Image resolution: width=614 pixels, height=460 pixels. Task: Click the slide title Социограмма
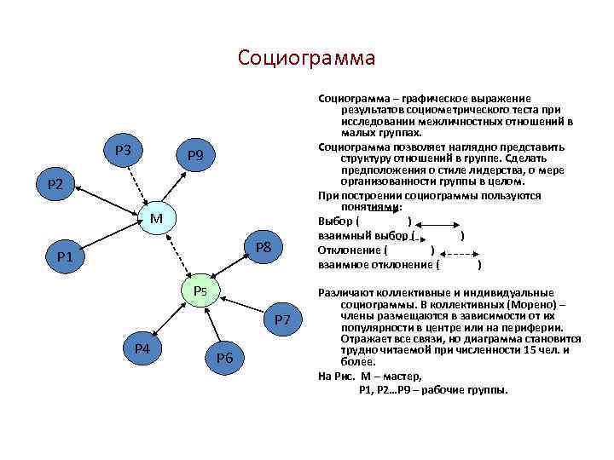[x=306, y=58]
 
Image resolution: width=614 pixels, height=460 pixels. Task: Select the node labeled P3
[x=122, y=150]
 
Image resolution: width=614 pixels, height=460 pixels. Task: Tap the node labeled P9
[x=194, y=155]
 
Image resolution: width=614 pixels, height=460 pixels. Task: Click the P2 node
[x=56, y=184]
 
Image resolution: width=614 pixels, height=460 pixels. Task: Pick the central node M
[x=156, y=219]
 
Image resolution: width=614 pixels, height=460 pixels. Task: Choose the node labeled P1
[x=65, y=256]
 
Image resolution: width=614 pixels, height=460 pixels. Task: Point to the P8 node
[x=263, y=248]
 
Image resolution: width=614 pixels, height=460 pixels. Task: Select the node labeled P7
[x=282, y=319]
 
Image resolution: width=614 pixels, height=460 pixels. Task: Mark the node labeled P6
[x=224, y=357]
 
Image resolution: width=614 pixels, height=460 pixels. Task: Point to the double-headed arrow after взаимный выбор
[x=436, y=234]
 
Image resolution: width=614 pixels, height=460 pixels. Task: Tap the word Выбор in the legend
[x=335, y=221]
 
